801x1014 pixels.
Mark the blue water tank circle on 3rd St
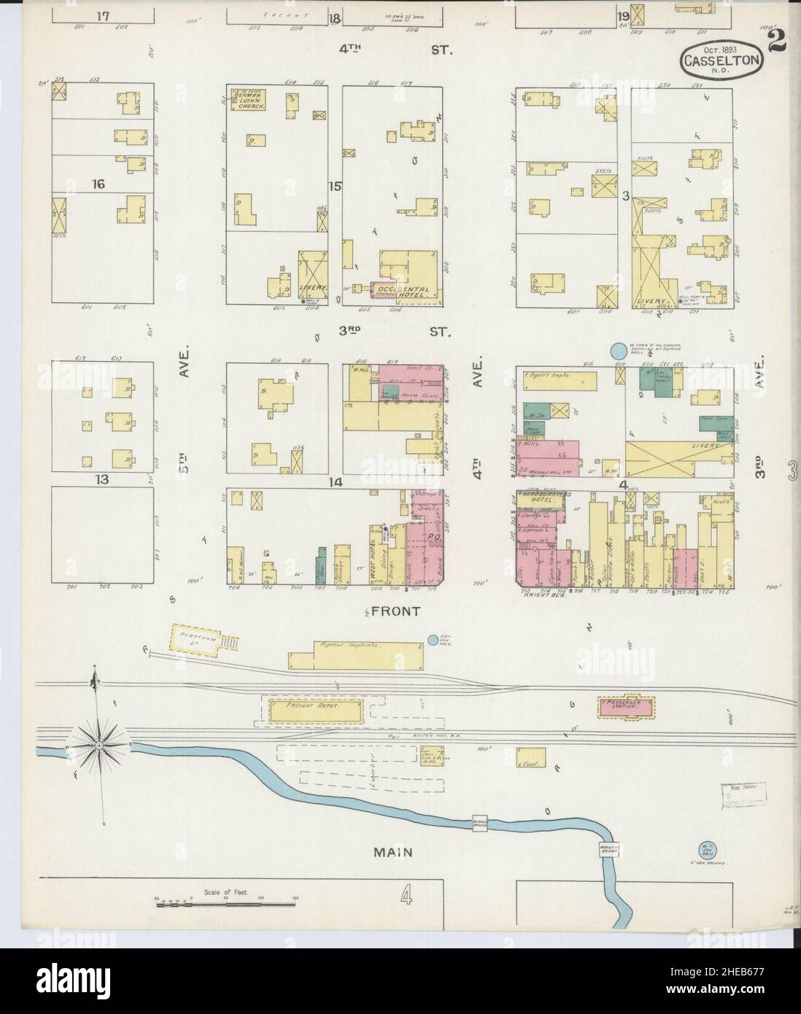[618, 352]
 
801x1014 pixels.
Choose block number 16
[99, 185]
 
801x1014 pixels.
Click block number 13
[99, 479]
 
